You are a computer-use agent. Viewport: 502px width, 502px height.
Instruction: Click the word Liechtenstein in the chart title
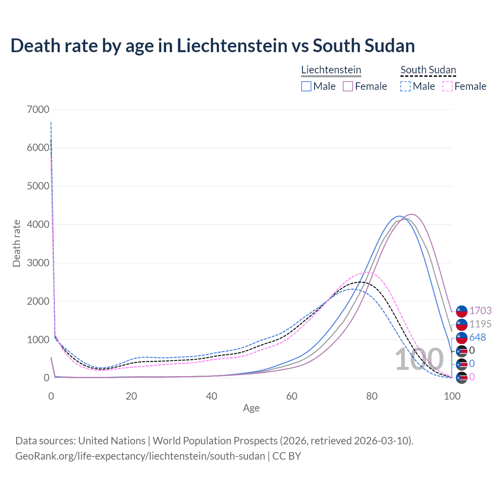232,45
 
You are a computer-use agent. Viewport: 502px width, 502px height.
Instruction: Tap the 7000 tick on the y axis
38,109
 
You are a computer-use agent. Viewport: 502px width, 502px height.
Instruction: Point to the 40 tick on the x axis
211,396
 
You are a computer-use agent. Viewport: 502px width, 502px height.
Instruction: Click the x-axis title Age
251,408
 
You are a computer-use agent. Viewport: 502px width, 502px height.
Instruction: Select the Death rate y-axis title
16,244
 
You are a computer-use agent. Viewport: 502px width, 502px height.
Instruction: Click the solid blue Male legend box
306,86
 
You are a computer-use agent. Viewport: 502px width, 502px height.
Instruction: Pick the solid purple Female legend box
348,86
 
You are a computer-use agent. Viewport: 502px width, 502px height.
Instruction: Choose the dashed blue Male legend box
406,86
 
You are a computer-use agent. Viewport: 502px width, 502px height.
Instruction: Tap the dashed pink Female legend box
447,86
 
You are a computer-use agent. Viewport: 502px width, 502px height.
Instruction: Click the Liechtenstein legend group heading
331,70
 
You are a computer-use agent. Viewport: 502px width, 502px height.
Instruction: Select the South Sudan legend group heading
428,70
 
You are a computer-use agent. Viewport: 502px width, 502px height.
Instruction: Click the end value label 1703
480,311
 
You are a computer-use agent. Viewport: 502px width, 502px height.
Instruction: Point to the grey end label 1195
480,324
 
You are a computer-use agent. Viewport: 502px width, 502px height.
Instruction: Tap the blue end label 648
478,337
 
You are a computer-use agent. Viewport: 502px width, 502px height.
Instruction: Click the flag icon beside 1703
462,311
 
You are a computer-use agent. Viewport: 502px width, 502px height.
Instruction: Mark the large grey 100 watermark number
419,359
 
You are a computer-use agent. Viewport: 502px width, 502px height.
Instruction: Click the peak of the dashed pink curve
366,272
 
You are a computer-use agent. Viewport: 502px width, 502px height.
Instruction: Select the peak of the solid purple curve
411,214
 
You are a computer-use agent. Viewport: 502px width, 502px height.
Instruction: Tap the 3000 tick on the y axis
38,263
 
